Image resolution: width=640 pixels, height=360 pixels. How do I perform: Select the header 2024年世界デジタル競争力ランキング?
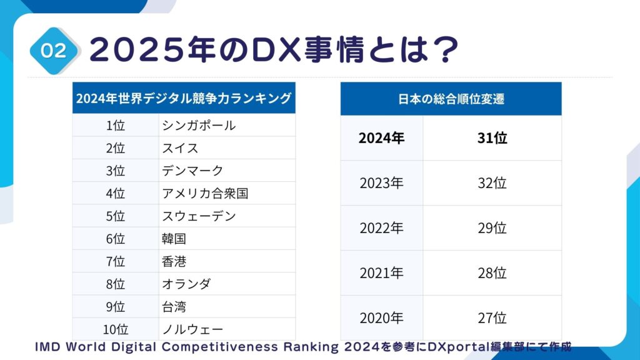[x=184, y=98]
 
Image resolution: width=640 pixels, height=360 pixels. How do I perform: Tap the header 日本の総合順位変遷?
[x=451, y=99]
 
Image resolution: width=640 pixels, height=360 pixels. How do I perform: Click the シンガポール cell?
[x=199, y=126]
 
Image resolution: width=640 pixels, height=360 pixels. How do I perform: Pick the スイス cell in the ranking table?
[x=180, y=148]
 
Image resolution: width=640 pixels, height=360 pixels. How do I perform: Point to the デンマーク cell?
[x=192, y=171]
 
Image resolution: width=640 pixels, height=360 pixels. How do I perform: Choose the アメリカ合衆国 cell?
[x=205, y=193]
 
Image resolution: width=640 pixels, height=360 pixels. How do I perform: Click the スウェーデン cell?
[x=199, y=216]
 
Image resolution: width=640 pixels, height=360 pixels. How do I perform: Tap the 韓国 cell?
[x=174, y=239]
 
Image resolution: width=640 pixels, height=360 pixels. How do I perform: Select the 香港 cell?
[x=174, y=261]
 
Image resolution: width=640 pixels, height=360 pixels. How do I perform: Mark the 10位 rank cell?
[x=116, y=329]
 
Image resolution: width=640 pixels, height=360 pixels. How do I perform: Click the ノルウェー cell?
[x=192, y=329]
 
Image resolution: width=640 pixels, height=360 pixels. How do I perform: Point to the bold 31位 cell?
[x=492, y=138]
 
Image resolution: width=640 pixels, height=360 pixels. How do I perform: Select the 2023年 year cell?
[x=381, y=183]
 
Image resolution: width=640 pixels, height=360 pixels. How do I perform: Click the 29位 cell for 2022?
[x=492, y=228]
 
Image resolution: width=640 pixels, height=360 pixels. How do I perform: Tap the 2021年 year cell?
[x=381, y=273]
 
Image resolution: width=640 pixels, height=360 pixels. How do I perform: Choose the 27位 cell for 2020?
[x=492, y=318]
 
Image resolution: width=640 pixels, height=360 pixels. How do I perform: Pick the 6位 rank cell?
[x=116, y=239]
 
